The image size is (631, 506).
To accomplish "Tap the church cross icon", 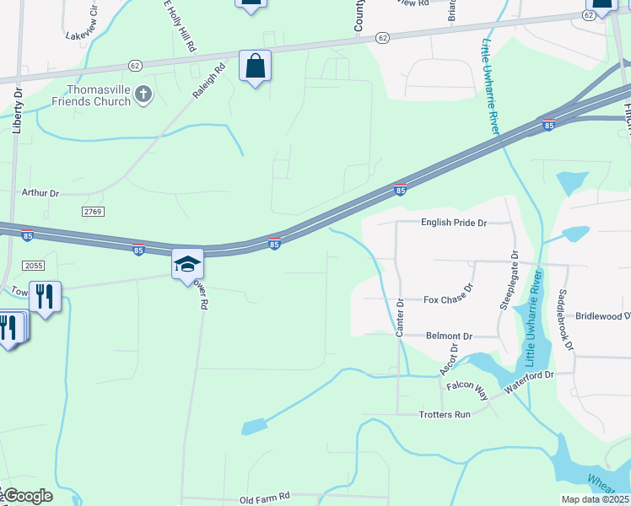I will [x=143, y=94].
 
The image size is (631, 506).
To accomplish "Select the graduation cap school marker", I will [x=187, y=265].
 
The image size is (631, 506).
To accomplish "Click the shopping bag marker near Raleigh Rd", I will [x=255, y=66].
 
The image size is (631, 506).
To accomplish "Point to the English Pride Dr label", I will [x=454, y=223].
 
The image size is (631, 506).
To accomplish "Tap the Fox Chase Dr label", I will [x=448, y=299].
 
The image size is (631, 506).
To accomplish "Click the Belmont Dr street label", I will [x=449, y=336].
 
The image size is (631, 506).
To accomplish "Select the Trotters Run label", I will [x=445, y=414].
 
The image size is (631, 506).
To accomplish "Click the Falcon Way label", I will [x=467, y=390].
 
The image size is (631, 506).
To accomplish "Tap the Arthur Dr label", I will [x=40, y=193].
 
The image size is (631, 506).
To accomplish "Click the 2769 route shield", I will [x=93, y=210].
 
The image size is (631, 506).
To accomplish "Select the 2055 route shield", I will [x=33, y=265].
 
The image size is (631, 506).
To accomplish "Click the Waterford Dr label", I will [x=528, y=379].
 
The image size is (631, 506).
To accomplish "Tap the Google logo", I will [x=27, y=496].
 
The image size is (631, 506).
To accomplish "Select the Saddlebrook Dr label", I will [x=564, y=320].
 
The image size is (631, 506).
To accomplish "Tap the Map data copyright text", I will [x=595, y=499].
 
